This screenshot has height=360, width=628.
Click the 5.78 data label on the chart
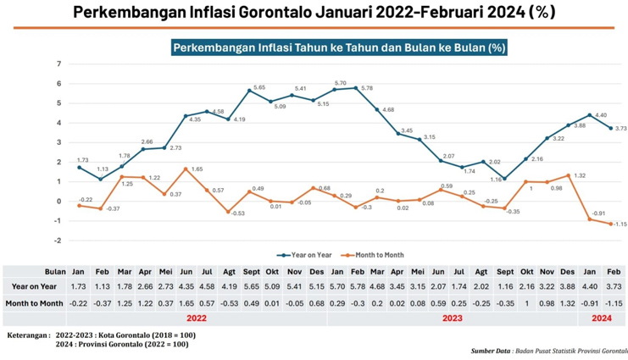pos(367,89)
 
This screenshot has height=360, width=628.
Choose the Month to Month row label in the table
pos(34,302)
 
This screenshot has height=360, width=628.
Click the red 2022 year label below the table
pos(196,319)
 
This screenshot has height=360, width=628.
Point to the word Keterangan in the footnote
pos(27,335)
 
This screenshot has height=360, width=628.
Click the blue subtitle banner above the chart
pos(339,47)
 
